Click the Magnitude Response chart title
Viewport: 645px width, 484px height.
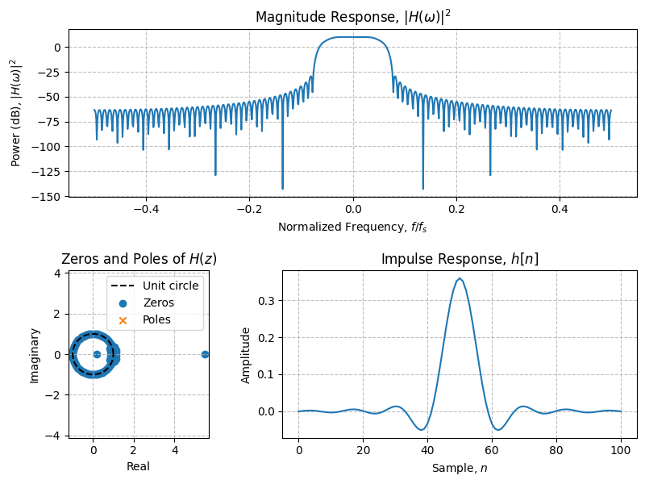pyautogui.click(x=352, y=17)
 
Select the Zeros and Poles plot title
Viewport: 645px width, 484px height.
pyautogui.click(x=139, y=259)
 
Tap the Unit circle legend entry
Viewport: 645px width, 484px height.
pyautogui.click(x=170, y=286)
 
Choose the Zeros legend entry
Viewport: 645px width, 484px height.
pyautogui.click(x=158, y=303)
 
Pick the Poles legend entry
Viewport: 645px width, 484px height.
pyautogui.click(x=158, y=320)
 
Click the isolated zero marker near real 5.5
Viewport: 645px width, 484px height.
pyautogui.click(x=205, y=354)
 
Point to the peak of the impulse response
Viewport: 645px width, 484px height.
pyautogui.click(x=460, y=278)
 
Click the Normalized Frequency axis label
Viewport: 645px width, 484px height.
pyautogui.click(x=352, y=227)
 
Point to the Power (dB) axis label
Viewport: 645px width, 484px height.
pyautogui.click(x=16, y=113)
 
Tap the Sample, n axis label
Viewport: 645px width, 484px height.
pyautogui.click(x=460, y=469)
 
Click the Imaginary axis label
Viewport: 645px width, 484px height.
pyautogui.click(x=35, y=354)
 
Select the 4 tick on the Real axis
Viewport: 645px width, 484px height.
pyautogui.click(x=174, y=451)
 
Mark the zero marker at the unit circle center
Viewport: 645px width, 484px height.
pyautogui.click(x=97, y=354)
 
